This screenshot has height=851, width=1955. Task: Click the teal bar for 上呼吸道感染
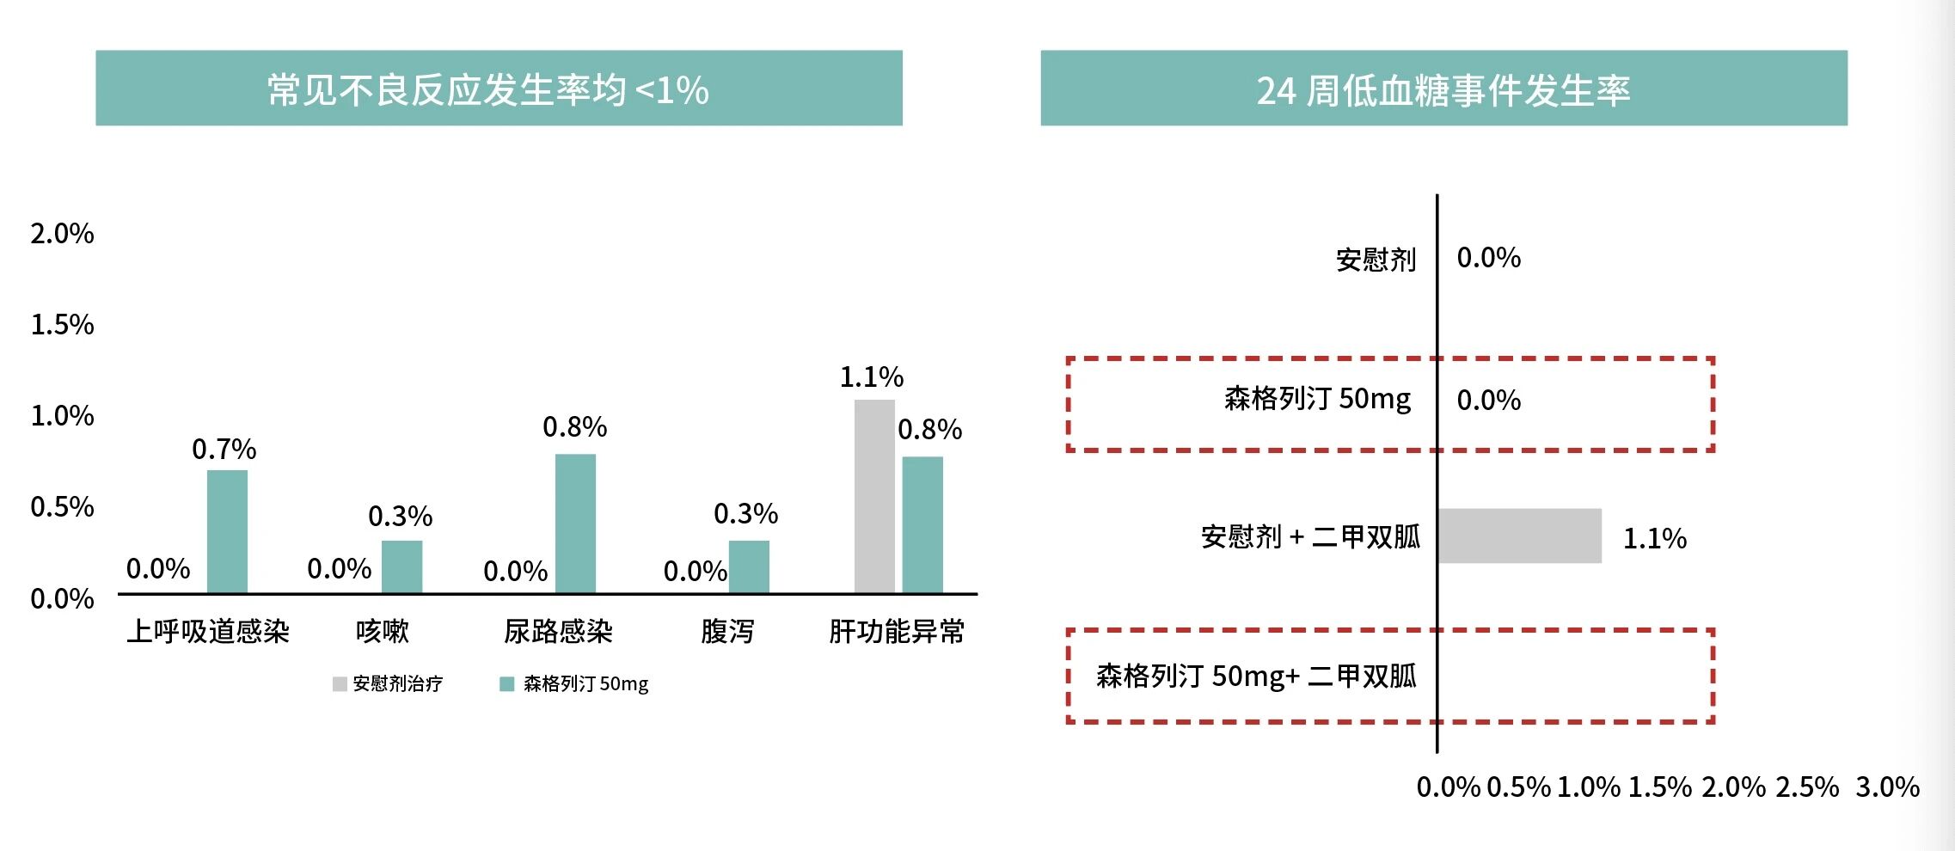[x=227, y=531]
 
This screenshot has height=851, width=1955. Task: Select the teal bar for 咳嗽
[x=401, y=566]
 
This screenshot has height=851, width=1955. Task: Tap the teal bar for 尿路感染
[x=575, y=523]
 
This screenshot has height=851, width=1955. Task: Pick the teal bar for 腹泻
[x=749, y=566]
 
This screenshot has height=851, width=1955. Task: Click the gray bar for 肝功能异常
[x=874, y=496]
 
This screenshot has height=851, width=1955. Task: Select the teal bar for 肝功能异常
[x=922, y=524]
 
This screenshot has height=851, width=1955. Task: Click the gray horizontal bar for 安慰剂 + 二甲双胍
[x=1519, y=536]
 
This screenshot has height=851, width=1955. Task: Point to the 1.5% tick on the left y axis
[x=62, y=325]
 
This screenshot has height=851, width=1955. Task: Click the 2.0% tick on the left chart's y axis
[x=62, y=234]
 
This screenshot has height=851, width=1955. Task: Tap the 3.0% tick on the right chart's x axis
[x=1887, y=787]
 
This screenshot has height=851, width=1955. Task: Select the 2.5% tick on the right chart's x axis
[x=1807, y=787]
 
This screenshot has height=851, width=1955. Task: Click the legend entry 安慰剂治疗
[x=388, y=684]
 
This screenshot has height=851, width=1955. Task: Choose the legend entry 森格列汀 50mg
[x=574, y=684]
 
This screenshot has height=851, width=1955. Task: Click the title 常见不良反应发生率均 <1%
[x=488, y=89]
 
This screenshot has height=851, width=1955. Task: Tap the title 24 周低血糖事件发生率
[x=1443, y=90]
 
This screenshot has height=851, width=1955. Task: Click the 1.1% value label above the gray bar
[x=871, y=377]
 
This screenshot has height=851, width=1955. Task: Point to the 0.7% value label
[x=224, y=450]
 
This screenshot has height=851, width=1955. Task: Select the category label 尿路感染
[x=558, y=632]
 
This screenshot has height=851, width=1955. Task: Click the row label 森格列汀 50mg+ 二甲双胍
[x=1256, y=677]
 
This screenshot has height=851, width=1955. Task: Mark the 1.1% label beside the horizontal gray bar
[x=1654, y=539]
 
